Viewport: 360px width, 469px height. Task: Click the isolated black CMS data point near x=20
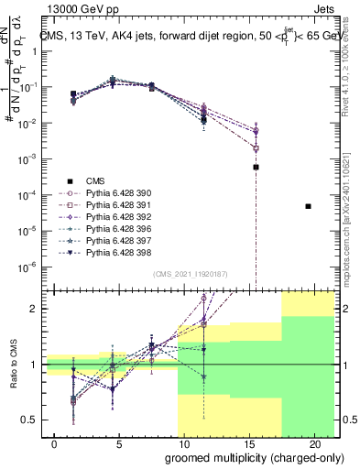(x=308, y=206)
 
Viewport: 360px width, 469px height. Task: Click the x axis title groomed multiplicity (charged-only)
(x=240, y=459)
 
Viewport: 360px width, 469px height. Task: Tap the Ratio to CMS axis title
(x=12, y=364)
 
